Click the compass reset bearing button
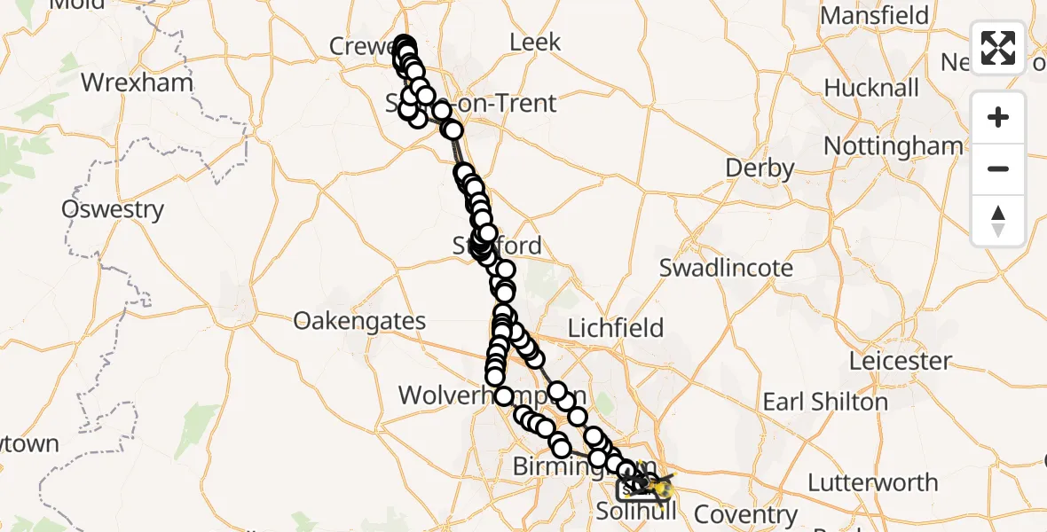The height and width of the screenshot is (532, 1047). pos(998,221)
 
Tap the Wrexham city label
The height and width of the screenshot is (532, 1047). pos(137,83)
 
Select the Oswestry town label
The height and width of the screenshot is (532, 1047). pos(113,210)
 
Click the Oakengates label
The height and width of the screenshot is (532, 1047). pos(359,320)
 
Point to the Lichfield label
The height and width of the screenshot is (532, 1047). pos(615,328)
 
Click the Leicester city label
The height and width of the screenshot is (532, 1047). pos(900,361)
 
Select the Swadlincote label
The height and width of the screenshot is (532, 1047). pos(726,268)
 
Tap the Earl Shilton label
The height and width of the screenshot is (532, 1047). pos(825,402)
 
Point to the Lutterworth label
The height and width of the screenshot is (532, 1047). pos(872,483)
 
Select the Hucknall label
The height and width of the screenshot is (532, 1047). pos(871,89)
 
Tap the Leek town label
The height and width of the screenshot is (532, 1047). pos(535,42)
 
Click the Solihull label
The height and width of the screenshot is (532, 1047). pos(635,512)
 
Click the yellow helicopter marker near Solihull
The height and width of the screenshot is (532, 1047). pos(662,486)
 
